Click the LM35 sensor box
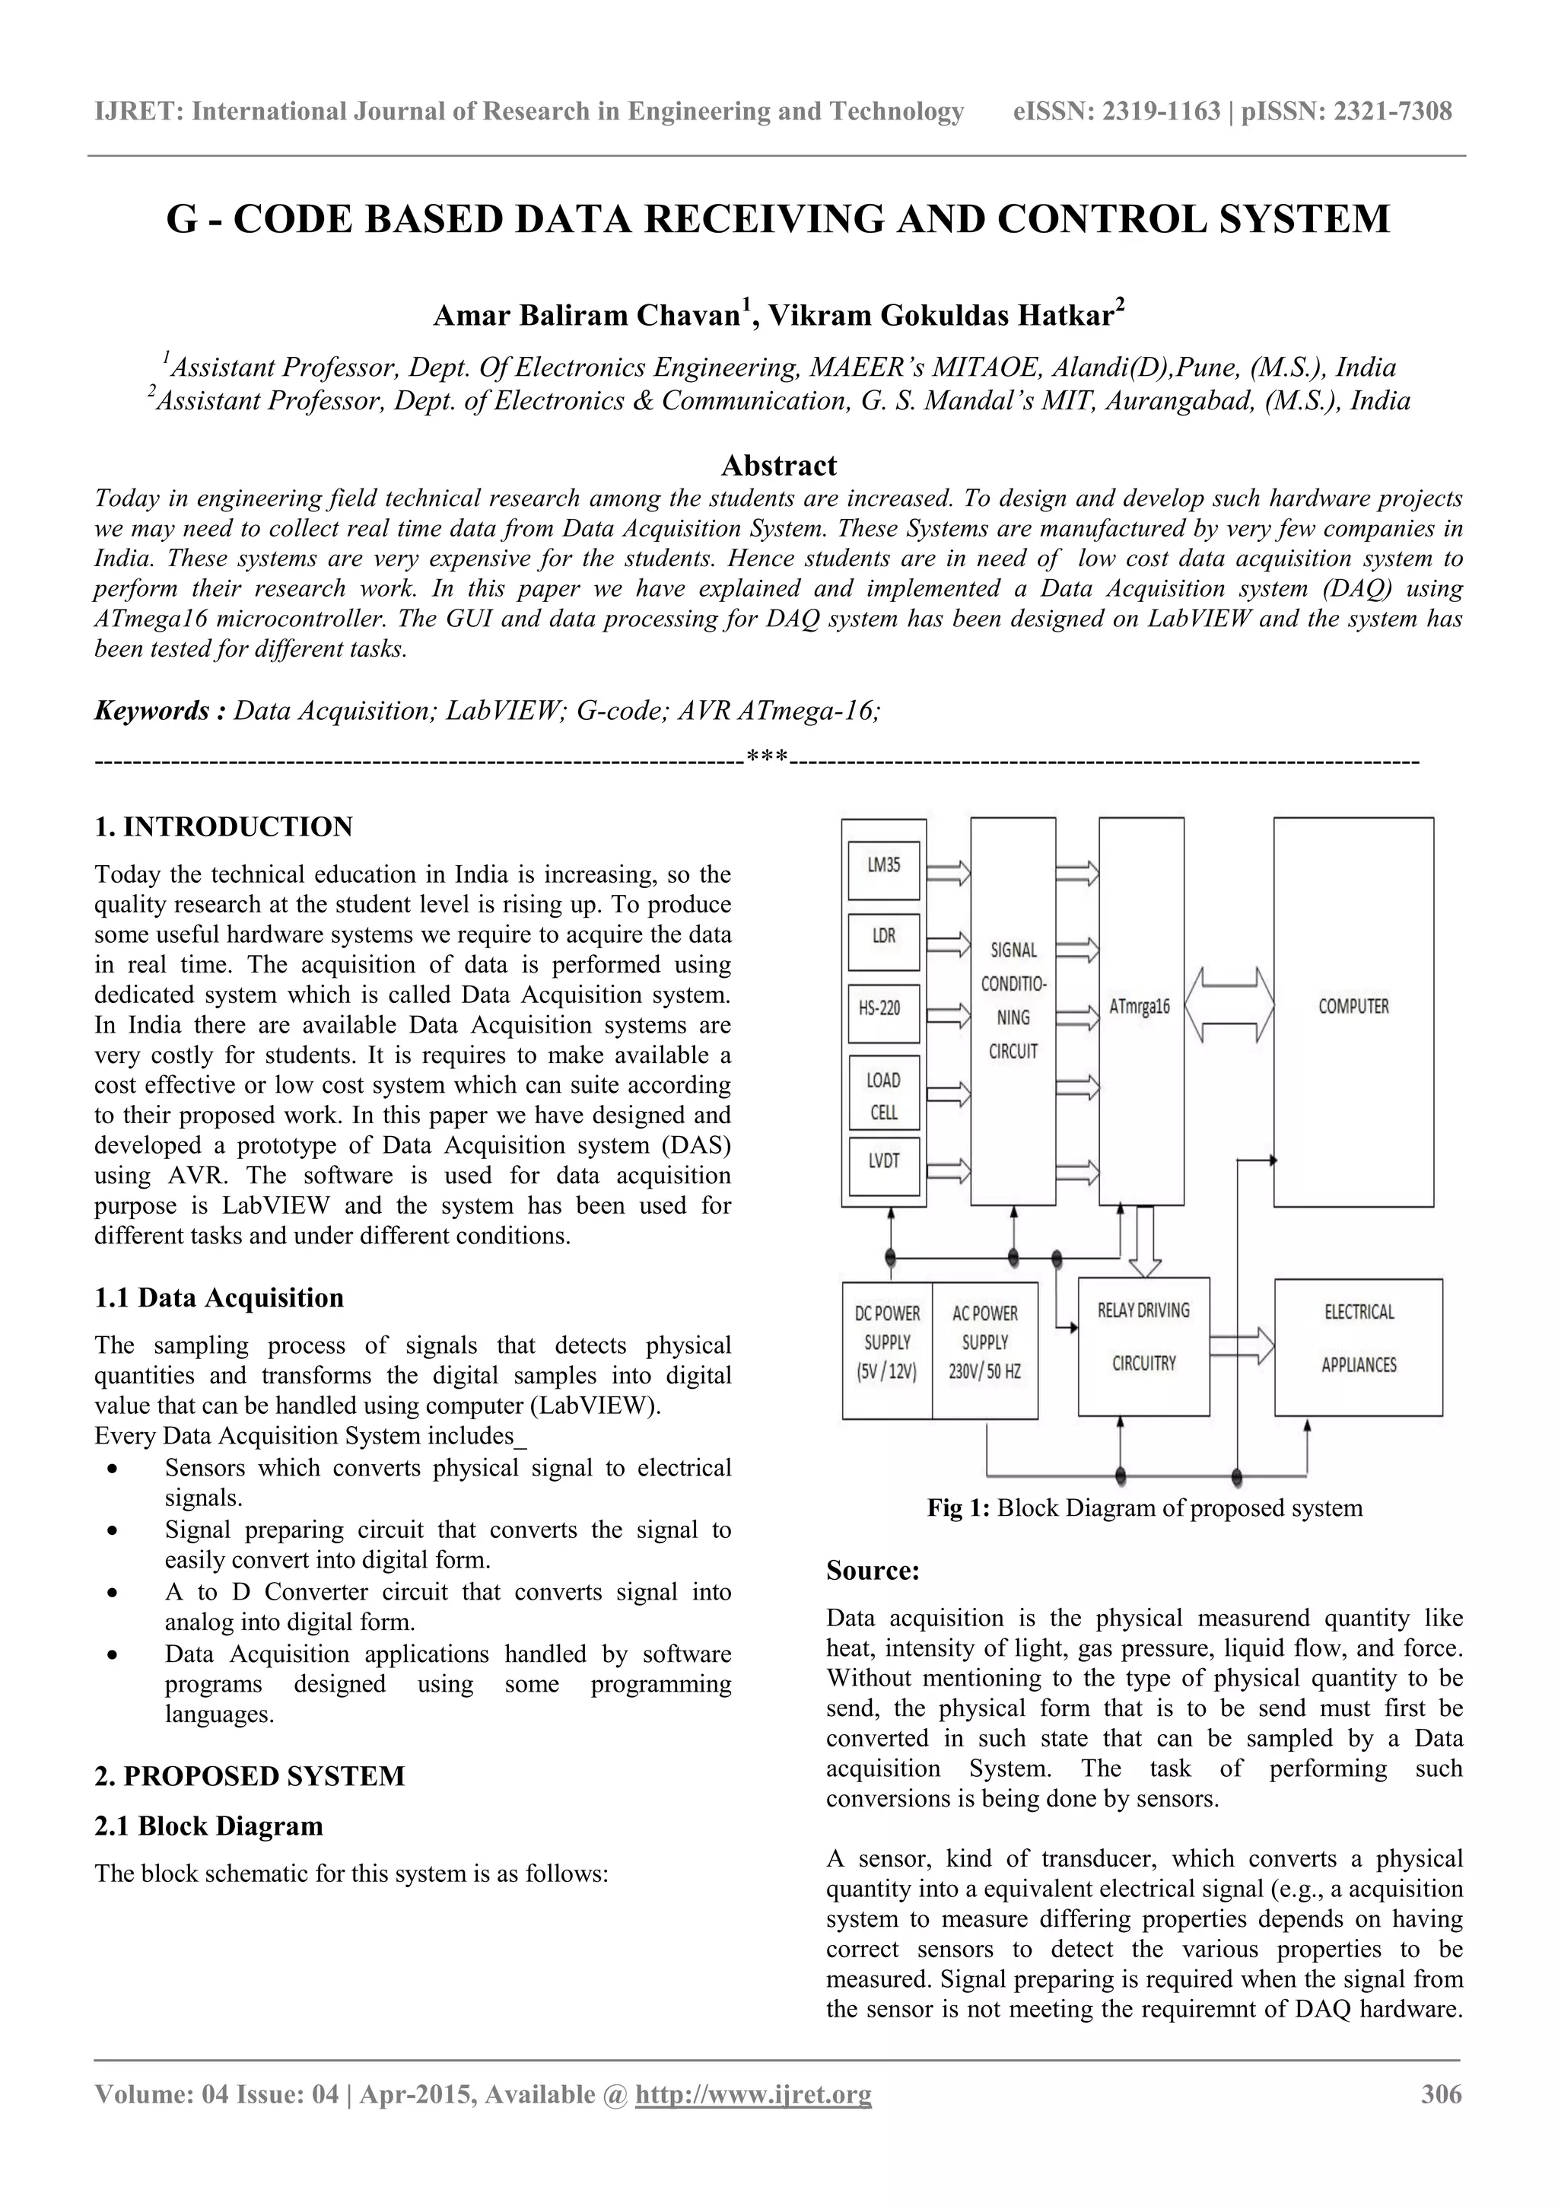tap(883, 871)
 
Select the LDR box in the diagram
tap(883, 941)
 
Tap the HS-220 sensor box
tap(883, 1012)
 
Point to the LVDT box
tap(883, 1165)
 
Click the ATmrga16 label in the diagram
tap(1140, 1008)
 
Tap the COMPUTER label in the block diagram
tap(1353, 1007)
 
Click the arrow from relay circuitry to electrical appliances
tap(1242, 1346)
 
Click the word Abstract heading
tap(778, 466)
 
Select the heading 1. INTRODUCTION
tap(223, 826)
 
